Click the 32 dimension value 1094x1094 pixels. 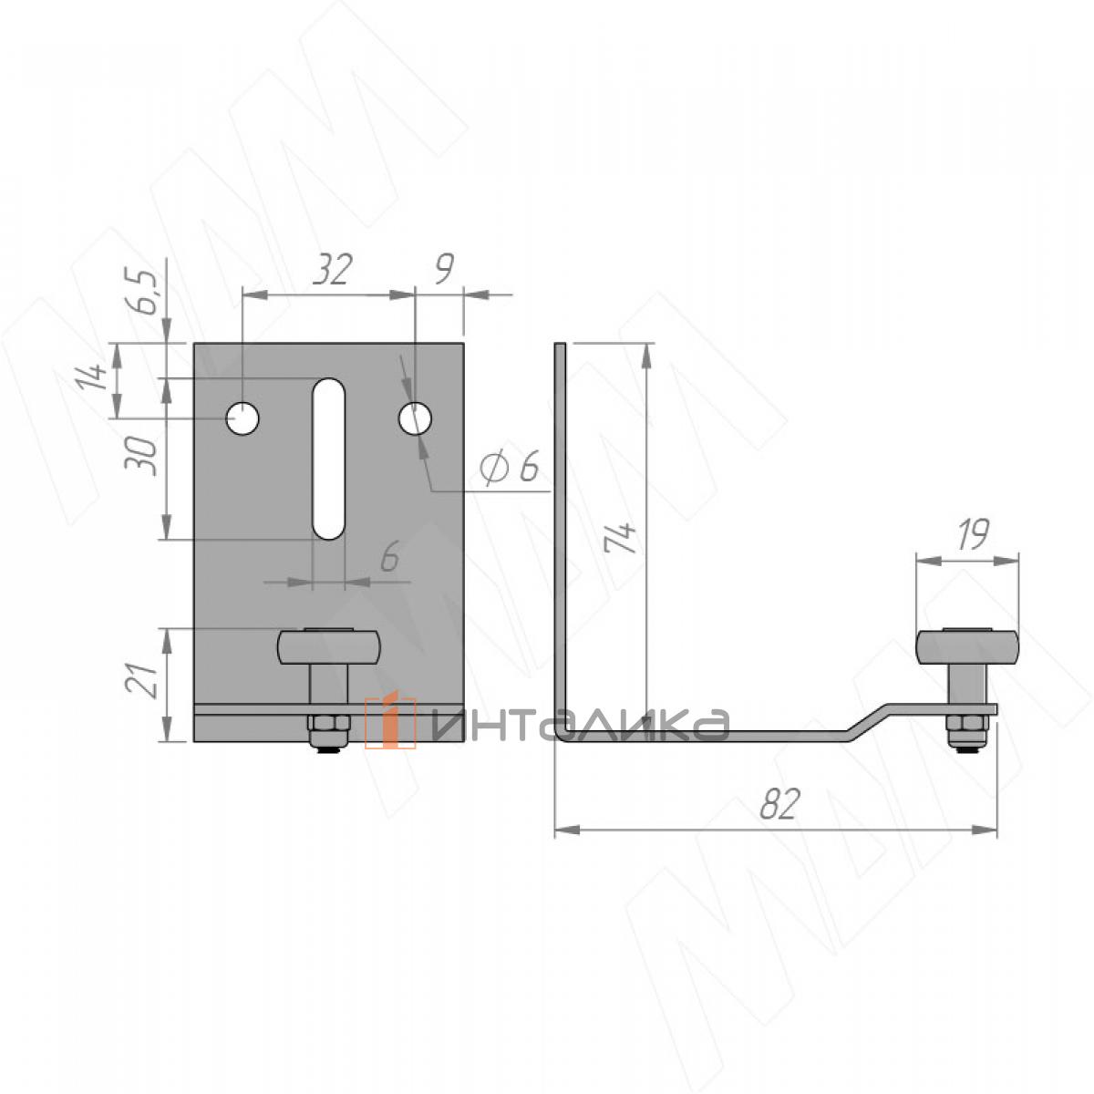point(333,269)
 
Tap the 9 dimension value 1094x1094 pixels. point(444,269)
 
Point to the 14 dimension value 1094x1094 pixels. point(92,376)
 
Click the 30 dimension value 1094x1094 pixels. point(140,457)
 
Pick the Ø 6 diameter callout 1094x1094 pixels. point(509,468)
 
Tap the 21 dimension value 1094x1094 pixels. point(140,679)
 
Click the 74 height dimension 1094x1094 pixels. point(619,537)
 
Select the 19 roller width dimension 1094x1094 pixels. point(973,533)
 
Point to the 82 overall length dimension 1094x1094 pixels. point(780,803)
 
